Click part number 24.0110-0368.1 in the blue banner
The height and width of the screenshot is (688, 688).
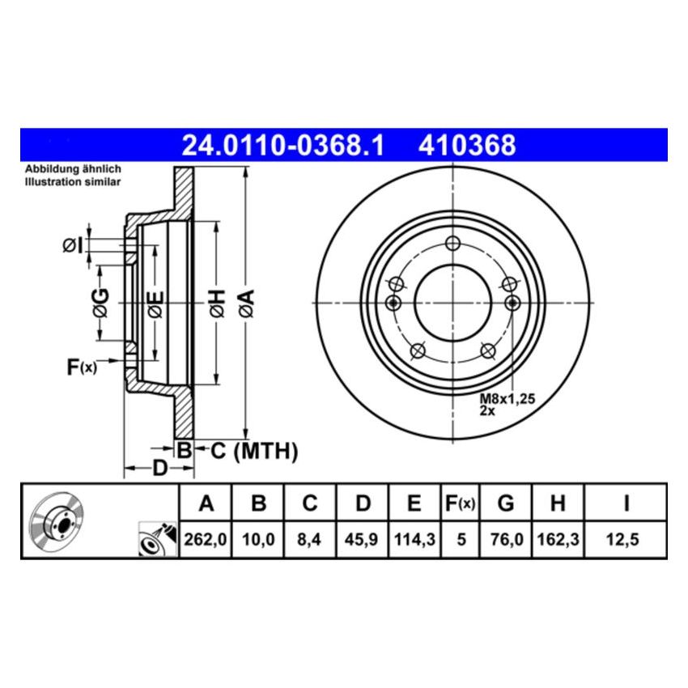click(282, 146)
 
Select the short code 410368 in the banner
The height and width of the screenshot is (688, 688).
click(466, 146)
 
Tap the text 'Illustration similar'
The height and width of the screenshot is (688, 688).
click(72, 182)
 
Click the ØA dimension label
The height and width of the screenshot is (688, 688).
click(246, 303)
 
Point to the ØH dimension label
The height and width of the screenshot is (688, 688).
click(216, 303)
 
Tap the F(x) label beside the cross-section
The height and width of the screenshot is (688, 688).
click(81, 367)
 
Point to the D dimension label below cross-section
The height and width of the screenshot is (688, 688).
click(159, 468)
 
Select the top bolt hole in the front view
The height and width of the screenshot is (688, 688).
click(452, 244)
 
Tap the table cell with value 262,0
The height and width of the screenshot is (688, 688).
click(206, 538)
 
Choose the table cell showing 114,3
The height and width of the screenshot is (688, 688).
click(414, 538)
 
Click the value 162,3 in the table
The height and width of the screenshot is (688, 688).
click(557, 538)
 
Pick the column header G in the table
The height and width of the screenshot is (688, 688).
click(506, 504)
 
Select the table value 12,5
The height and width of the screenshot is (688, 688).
click(626, 538)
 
